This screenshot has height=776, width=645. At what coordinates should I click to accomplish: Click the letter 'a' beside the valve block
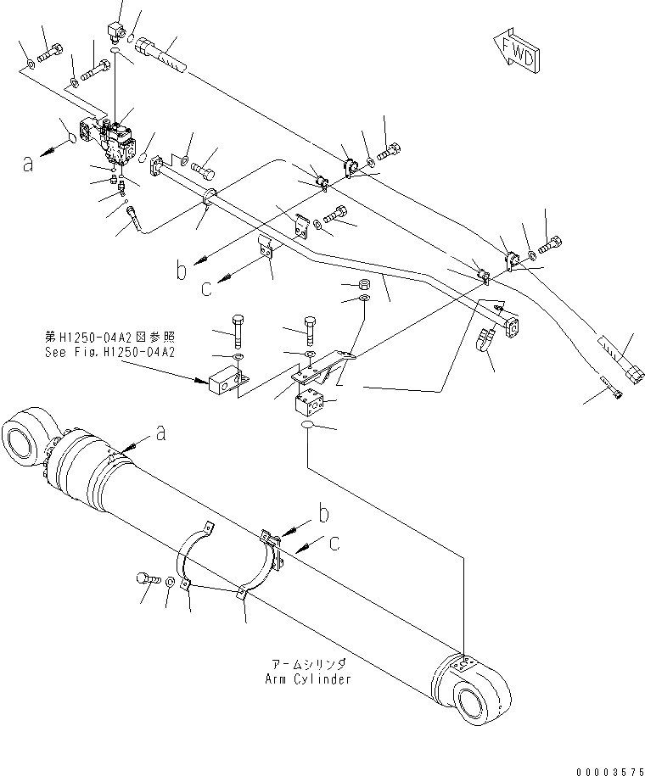pyautogui.click(x=29, y=164)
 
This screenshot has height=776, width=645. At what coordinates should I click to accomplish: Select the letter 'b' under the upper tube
pyautogui.click(x=181, y=271)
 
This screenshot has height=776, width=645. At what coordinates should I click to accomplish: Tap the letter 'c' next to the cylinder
pyautogui.click(x=334, y=544)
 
